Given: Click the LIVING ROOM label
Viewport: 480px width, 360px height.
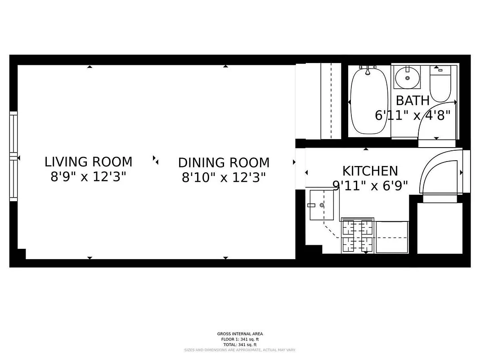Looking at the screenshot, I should [x=88, y=162].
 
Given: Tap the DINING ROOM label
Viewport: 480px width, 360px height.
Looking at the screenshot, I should [x=224, y=162].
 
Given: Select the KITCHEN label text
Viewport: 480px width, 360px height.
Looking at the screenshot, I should [x=370, y=171].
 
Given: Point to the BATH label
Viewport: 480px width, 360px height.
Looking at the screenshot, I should [x=412, y=100].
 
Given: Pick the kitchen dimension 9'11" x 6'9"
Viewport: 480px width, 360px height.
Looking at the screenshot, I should [x=370, y=185].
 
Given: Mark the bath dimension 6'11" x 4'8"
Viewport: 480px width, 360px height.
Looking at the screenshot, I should [x=412, y=115].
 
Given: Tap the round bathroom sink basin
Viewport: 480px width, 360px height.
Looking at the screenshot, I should [x=408, y=78].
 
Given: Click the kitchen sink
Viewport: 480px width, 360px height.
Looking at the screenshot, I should [x=321, y=205].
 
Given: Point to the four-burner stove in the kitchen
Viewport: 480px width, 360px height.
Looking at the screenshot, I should [x=358, y=235].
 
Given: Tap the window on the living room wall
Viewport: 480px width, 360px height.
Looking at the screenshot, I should [x=13, y=156].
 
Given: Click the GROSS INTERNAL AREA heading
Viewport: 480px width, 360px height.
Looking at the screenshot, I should [x=240, y=334].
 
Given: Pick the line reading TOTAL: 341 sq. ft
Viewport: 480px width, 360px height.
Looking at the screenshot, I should [x=240, y=344].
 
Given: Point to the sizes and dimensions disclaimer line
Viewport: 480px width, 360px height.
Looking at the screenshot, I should [x=240, y=350].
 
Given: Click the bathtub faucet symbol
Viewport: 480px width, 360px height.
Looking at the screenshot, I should [x=368, y=70].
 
